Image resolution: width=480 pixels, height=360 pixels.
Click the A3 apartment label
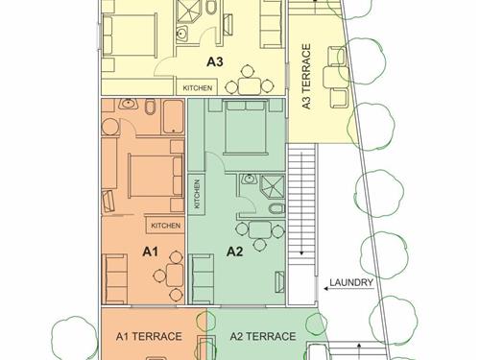214,61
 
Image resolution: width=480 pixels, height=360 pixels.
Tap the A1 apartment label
150,252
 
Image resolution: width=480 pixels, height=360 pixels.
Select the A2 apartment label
234,252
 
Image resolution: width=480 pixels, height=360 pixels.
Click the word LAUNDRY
351,282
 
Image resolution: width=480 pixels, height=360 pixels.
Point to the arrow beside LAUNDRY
348,289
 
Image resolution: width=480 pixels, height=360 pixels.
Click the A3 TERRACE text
306,77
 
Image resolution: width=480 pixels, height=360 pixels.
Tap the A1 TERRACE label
149,336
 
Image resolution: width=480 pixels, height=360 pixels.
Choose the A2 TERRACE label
263,336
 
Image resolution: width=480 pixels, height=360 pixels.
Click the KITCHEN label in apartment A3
198,88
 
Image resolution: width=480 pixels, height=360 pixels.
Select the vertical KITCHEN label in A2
197,194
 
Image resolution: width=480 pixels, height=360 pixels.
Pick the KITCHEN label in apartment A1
165,226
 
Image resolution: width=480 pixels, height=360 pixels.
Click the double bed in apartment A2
246,127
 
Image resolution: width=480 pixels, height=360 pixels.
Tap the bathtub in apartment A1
173,117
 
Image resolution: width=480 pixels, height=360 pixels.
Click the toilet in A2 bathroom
276,208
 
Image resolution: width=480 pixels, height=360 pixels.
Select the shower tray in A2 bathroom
273,187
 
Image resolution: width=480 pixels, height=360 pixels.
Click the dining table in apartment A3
250,85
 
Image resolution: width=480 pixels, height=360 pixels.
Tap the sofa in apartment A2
202,279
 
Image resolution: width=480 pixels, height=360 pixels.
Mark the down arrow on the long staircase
301,204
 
